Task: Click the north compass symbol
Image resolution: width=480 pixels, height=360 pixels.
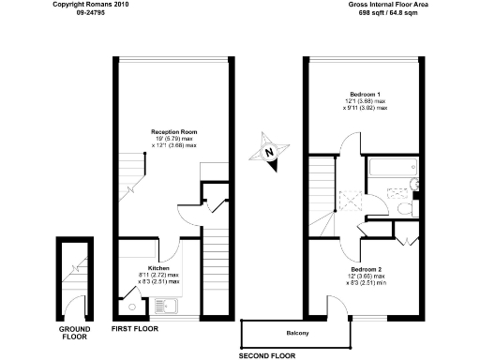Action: pos(269,153)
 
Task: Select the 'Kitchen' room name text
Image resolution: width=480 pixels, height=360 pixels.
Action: pos(158,267)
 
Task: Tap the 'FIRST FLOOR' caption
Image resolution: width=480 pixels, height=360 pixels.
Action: pos(135,330)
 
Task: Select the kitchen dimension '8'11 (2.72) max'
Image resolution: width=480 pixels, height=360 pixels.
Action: pos(158,275)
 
